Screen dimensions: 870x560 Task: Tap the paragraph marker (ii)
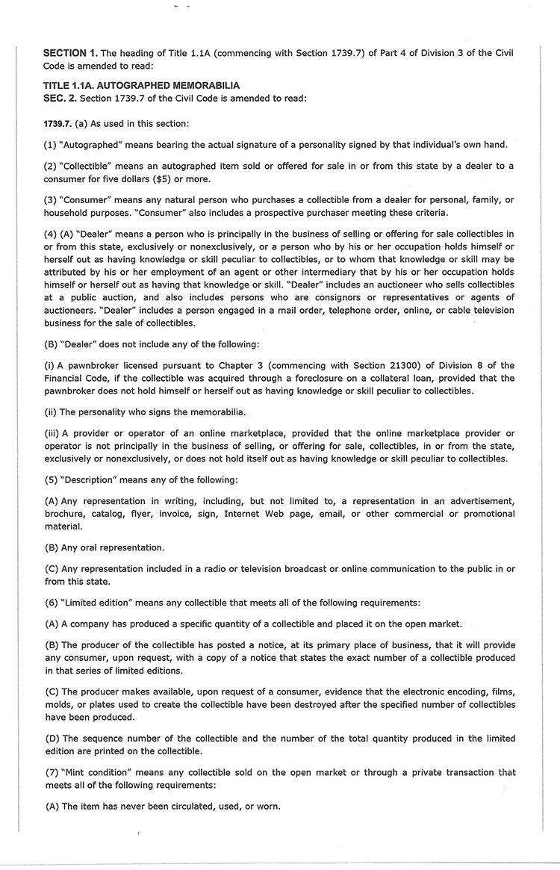52,412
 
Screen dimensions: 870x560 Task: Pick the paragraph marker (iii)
54,433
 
